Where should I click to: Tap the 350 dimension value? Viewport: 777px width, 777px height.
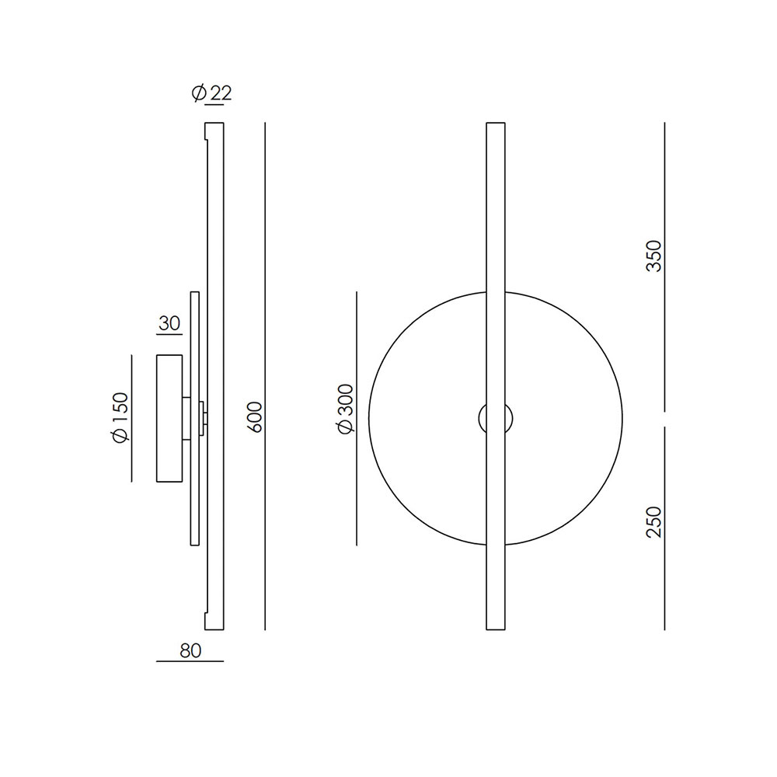[654, 256]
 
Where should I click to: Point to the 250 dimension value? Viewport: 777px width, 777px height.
[654, 522]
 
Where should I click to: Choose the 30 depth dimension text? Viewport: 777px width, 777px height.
[169, 324]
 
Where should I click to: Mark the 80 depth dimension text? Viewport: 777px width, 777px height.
[190, 650]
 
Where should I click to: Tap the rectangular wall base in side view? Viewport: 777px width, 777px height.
[169, 418]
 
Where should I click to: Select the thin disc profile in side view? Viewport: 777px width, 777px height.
[195, 418]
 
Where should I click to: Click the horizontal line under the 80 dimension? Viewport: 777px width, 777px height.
[190, 661]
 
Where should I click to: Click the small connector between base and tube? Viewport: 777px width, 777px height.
[203, 418]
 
